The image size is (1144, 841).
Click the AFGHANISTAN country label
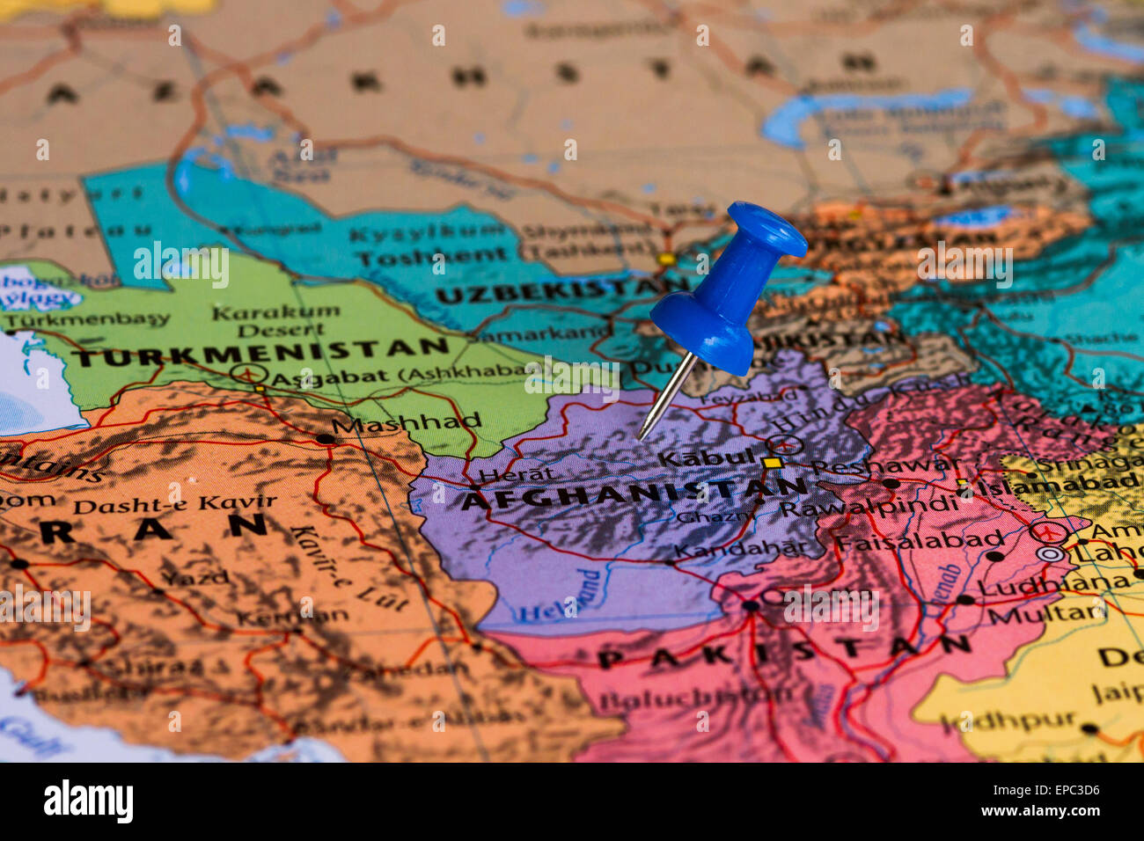coord(634,495)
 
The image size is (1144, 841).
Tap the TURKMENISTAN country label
coord(260,351)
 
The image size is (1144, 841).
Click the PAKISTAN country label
coord(783,651)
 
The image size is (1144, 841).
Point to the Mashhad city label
coord(406,423)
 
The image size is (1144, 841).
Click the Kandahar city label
coord(739,550)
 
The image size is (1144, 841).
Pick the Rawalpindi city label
coord(869,508)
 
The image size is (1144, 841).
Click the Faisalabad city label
coord(919,541)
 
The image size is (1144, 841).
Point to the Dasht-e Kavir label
coord(174,504)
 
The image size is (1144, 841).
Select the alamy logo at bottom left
coord(88,801)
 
